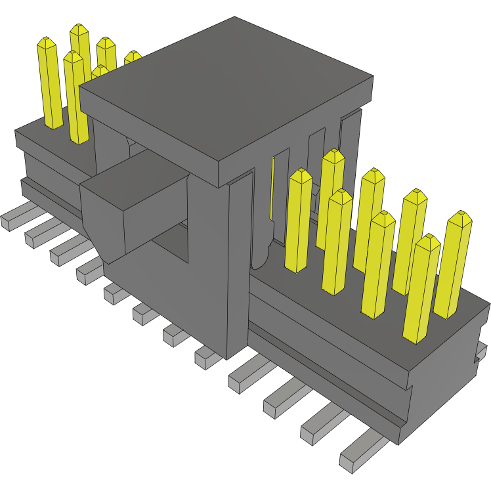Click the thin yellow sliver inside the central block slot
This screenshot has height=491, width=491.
coord(272,190)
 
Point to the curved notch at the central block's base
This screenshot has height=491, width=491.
coord(261,256)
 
